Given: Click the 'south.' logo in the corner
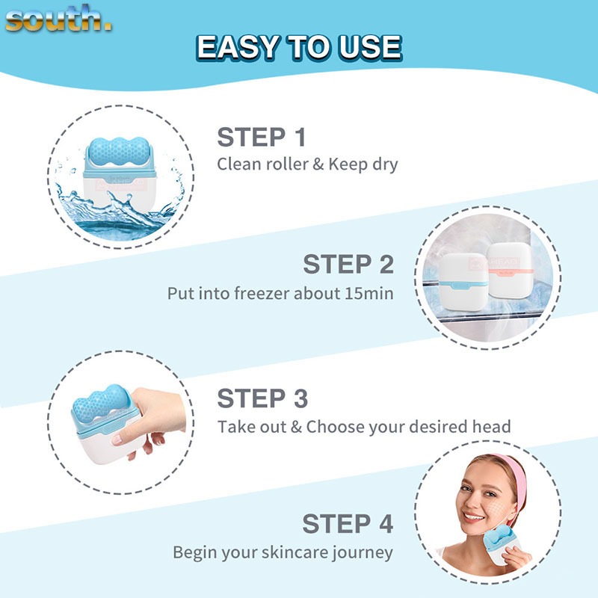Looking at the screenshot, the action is coord(58,19).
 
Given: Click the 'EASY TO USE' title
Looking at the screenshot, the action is coord(299,48).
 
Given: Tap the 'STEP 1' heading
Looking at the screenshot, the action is coord(262,137).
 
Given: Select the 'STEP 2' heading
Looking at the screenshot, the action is coord(348,264).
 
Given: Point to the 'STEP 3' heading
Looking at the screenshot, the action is coord(262,398).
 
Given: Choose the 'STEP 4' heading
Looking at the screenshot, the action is coord(348,524).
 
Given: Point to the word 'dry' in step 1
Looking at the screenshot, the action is coord(385,164).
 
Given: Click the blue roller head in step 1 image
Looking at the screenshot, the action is coord(119,152).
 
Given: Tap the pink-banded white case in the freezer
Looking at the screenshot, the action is coord(510,270).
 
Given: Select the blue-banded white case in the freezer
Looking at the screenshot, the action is coord(463,281).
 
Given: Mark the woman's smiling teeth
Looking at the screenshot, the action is coord(474,517).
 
